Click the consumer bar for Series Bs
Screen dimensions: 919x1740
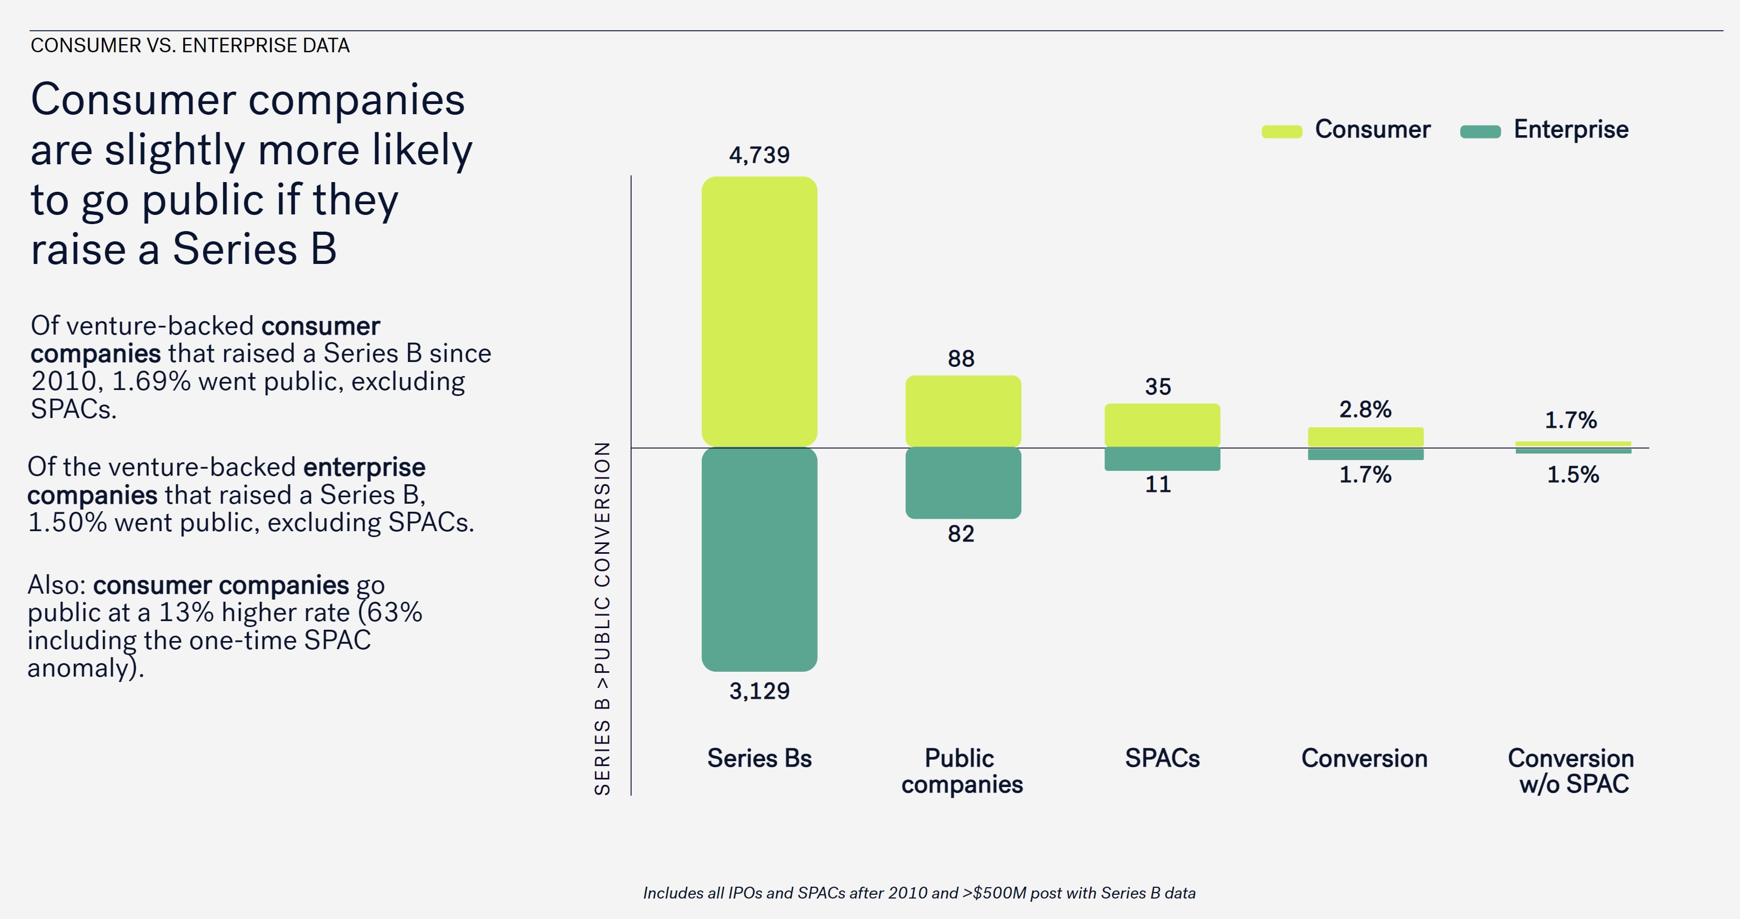click(759, 311)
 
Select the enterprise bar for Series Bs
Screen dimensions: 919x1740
click(759, 559)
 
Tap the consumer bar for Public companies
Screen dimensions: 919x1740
click(963, 410)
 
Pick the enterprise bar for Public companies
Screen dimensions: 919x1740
click(963, 483)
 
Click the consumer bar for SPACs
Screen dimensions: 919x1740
click(1162, 424)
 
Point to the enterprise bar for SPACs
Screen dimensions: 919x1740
click(1162, 459)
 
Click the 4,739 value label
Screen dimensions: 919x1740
click(759, 155)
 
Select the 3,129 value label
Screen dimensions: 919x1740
click(759, 691)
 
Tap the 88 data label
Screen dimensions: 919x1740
click(961, 359)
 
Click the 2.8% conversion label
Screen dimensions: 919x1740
click(1365, 409)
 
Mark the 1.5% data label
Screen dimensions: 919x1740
click(1572, 475)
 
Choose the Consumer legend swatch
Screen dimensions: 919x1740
click(1281, 131)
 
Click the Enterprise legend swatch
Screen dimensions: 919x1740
click(1480, 131)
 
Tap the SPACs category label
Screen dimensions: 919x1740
click(1162, 758)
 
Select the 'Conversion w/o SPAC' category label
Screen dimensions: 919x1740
click(1571, 771)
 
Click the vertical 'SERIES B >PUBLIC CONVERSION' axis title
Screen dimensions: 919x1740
click(602, 618)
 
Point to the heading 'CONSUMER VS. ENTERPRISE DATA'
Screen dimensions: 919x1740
click(190, 45)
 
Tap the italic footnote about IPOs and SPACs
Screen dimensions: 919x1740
click(919, 893)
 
